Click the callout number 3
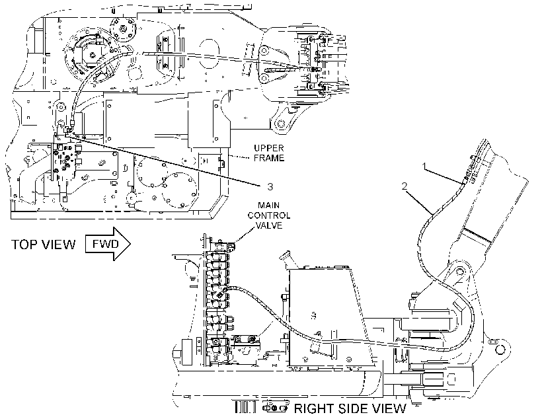[270, 186]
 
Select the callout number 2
[405, 186]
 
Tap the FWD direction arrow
[108, 244]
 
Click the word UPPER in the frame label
[269, 148]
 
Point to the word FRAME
[269, 158]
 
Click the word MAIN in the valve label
[268, 206]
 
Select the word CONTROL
[268, 215]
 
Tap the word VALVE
[268, 225]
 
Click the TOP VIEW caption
[44, 245]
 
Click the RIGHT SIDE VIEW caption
[350, 408]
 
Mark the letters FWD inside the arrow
[106, 244]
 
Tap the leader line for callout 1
[444, 175]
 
